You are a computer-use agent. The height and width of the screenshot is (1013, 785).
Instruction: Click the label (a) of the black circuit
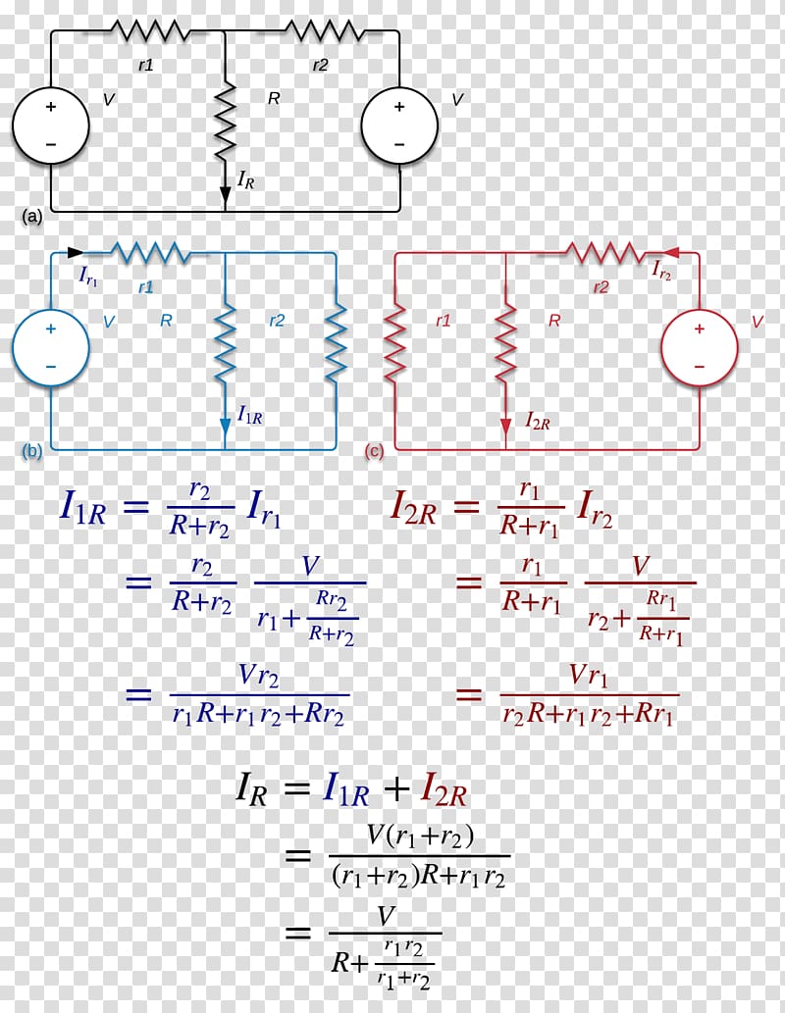point(31,217)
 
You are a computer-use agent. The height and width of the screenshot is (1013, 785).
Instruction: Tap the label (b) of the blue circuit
point(31,451)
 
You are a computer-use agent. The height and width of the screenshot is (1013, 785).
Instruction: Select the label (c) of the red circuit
point(375,451)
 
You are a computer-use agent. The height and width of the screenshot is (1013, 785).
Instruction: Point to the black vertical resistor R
point(225,121)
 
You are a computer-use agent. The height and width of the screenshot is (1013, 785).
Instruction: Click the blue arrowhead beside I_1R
point(225,427)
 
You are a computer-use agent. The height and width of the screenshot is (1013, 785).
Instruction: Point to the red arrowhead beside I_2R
point(505,427)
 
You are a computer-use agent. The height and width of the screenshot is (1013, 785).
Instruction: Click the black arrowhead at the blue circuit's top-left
point(76,253)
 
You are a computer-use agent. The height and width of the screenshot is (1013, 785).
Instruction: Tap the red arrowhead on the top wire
point(670,253)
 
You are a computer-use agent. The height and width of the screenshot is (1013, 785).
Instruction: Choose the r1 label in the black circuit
point(146,65)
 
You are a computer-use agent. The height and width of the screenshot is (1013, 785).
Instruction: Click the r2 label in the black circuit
point(320,65)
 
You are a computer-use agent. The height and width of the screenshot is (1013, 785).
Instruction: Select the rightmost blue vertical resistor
point(337,342)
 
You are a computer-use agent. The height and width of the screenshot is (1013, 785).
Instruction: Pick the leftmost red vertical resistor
point(394,342)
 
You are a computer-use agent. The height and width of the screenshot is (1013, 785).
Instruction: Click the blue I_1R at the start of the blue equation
point(82,507)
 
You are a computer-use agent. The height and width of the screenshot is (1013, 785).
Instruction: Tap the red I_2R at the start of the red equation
point(414,507)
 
